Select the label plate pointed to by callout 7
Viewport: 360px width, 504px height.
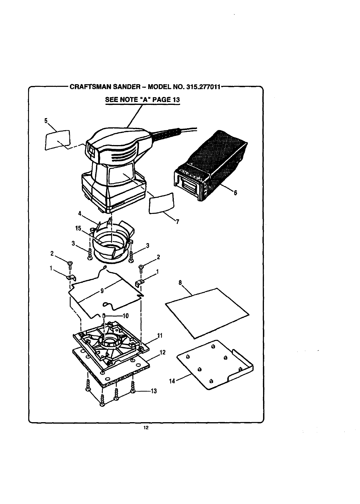(161, 203)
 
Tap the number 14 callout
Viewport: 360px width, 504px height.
(172, 381)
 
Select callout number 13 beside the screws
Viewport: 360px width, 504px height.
(153, 391)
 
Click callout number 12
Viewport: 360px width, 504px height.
(162, 352)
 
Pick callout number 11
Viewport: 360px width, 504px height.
(160, 336)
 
